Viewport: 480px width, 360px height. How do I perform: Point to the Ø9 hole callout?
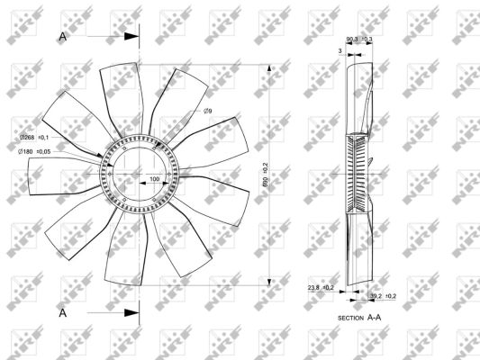(207, 110)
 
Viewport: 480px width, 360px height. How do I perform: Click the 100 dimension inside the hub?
(154, 179)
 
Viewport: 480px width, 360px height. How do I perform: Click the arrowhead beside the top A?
(131, 36)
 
